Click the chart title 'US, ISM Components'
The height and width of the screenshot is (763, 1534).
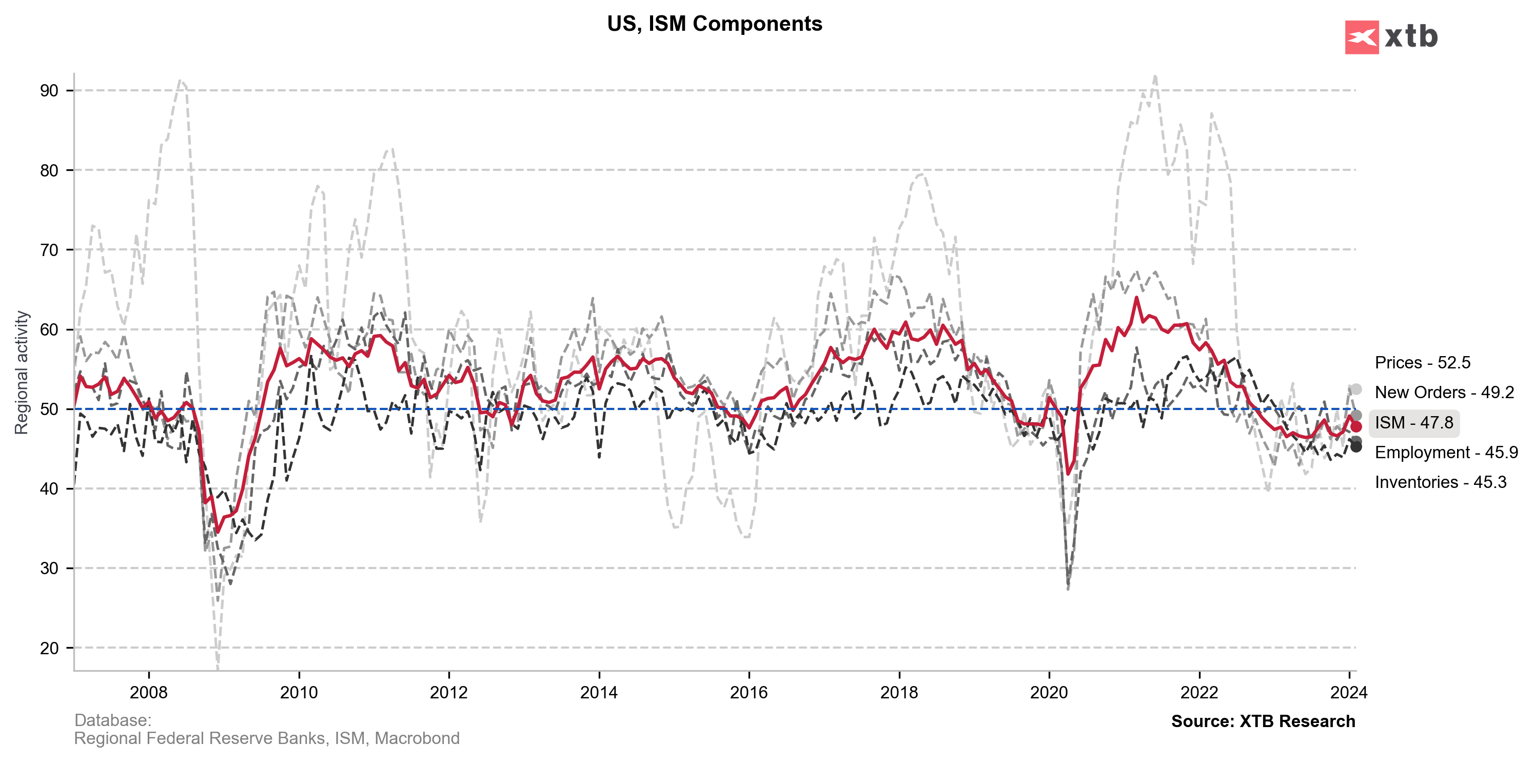[x=714, y=24]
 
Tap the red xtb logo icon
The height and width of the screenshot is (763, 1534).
[x=1361, y=37]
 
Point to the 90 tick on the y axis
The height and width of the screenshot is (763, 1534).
[x=49, y=90]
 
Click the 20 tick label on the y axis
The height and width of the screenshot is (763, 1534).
[x=49, y=648]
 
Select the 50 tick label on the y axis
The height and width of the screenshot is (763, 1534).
[x=49, y=409]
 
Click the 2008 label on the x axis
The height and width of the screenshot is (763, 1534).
[x=148, y=692]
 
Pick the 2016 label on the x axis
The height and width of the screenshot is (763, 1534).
[x=749, y=692]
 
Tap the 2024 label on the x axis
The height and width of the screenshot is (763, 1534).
[x=1348, y=692]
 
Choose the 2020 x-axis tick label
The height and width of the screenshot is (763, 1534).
[x=1049, y=692]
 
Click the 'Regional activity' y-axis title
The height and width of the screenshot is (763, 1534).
[x=22, y=373]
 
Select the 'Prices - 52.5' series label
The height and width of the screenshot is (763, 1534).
[x=1422, y=363]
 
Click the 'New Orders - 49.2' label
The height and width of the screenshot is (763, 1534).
[x=1444, y=393]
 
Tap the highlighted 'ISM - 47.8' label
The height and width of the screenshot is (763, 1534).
[x=1414, y=423]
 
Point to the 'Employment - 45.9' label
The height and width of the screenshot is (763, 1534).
[x=1446, y=453]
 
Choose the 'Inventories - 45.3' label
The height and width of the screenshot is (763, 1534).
[x=1440, y=482]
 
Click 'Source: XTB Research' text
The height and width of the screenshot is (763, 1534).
[x=1263, y=721]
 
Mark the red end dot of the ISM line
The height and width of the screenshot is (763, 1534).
[x=1356, y=426]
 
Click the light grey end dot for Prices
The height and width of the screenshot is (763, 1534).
[x=1356, y=389]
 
